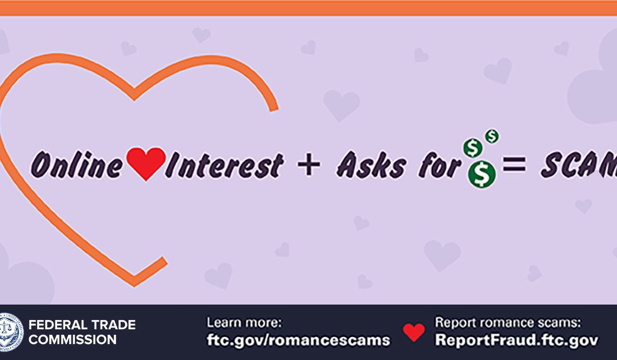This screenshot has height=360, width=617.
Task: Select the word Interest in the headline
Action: coord(225,165)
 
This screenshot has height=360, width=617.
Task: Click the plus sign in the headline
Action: coord(309,165)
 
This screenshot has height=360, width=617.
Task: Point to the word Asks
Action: coord(371,165)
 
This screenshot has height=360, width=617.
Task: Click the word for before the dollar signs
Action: coord(439,165)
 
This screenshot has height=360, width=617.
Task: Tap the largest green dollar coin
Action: coord(482,174)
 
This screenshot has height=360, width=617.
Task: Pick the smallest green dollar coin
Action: coord(491,136)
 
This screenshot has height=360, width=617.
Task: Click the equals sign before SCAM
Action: coord(514,165)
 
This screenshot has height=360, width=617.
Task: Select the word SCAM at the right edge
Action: coord(578,165)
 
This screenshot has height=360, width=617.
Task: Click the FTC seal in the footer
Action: coord(11,331)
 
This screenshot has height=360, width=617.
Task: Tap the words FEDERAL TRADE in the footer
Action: coord(82,325)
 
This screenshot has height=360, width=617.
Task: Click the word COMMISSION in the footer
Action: coord(73,339)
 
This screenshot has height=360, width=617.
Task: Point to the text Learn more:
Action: coord(245,323)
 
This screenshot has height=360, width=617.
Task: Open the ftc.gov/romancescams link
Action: coord(298,339)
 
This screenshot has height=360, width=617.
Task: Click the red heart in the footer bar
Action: coord(414,332)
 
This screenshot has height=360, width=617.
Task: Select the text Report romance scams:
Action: coord(508,323)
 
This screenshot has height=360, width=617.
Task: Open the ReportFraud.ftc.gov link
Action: coord(516,339)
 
